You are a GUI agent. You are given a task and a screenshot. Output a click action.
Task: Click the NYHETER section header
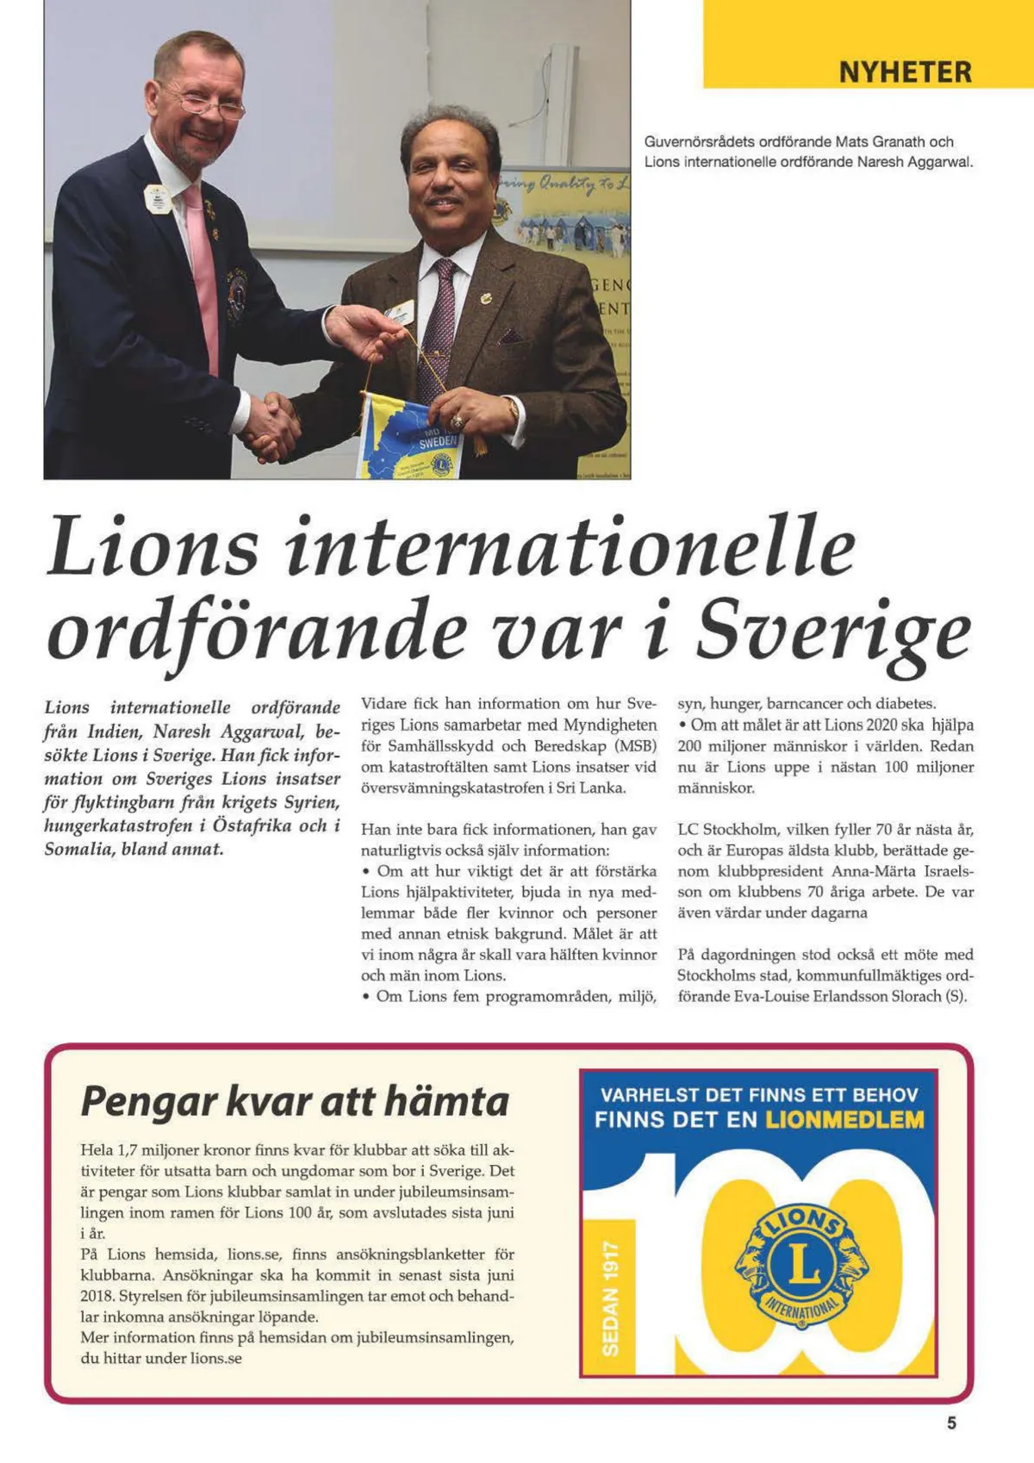coord(905,72)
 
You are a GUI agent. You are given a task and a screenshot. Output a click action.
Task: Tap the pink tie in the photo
coord(203,276)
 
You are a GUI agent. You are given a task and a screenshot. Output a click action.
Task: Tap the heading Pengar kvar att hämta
coord(295,1101)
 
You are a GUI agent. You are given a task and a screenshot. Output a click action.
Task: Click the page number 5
coord(951,1423)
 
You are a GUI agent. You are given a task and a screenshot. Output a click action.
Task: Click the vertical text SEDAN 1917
coord(610,1298)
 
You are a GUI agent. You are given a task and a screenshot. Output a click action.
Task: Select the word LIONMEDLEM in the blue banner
coord(844,1120)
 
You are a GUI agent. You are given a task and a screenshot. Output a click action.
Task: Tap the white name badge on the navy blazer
coord(156,200)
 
